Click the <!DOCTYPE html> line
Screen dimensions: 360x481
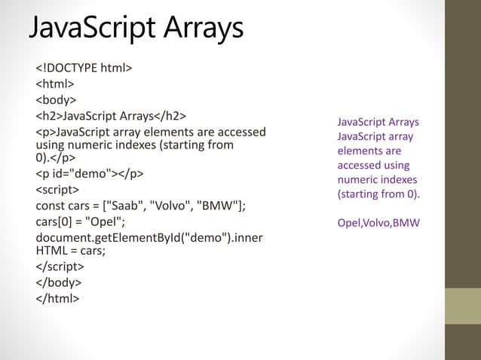coord(84,69)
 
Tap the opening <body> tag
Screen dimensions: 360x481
coord(57,100)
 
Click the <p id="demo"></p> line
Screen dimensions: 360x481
coord(90,175)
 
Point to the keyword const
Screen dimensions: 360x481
coord(51,206)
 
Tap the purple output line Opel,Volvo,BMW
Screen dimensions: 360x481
coord(378,223)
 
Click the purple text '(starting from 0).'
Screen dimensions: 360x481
coord(378,194)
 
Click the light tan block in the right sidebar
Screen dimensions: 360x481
coord(463,306)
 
